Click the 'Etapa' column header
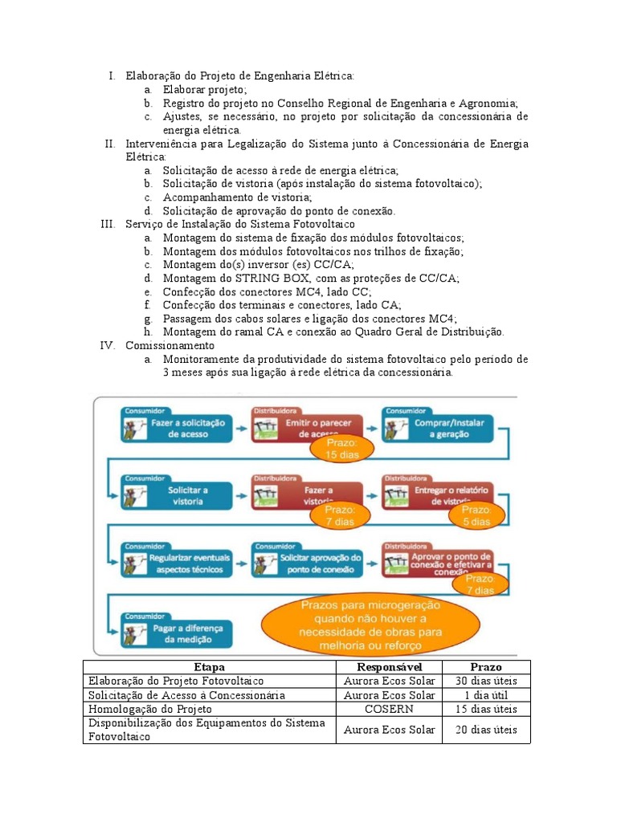coord(209,667)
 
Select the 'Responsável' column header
coord(389,667)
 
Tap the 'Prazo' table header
coord(486,667)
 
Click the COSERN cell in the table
coord(389,709)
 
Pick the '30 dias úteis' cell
coord(486,681)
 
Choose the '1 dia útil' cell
coord(486,695)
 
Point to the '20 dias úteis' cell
coord(486,730)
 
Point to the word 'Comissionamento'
coord(170,345)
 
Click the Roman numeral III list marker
coord(108,224)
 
